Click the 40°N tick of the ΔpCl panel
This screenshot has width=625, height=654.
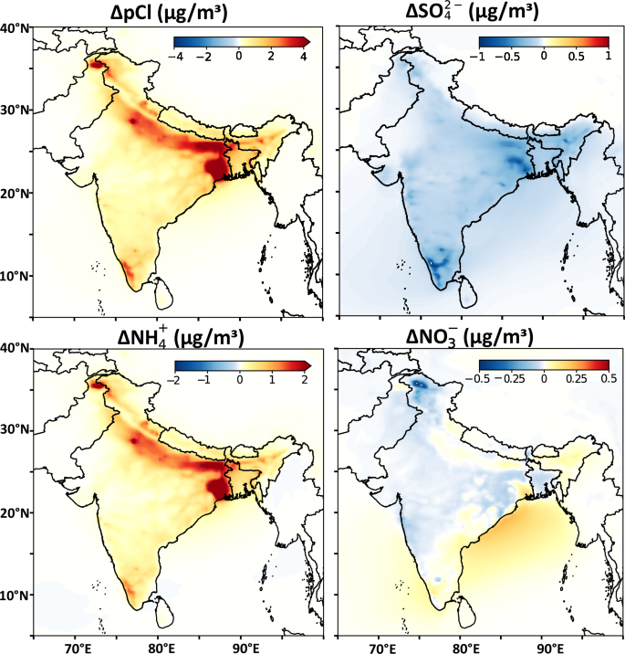click(x=16, y=28)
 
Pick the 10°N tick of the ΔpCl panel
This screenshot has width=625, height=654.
click(x=16, y=275)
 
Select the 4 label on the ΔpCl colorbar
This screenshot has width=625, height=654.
click(x=302, y=57)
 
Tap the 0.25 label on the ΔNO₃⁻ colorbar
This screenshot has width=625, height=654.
click(x=576, y=376)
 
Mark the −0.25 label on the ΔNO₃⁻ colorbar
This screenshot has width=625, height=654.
click(x=512, y=376)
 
